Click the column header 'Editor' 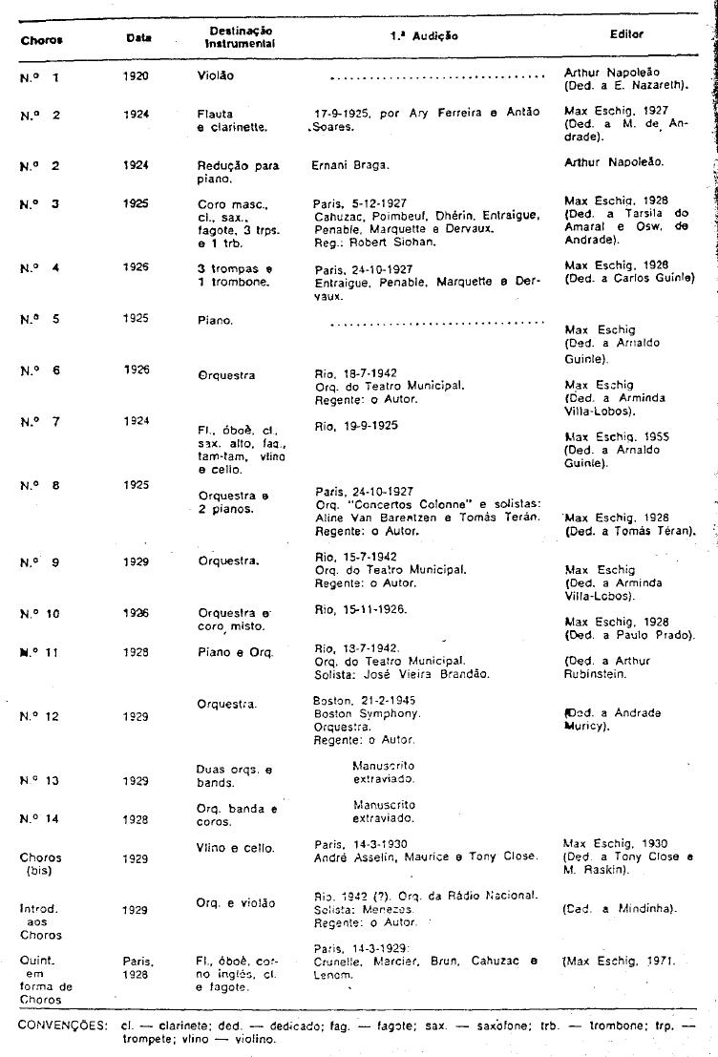(x=626, y=34)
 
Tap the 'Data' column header (x=138, y=37)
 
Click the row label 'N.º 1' (x=39, y=77)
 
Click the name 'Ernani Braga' (x=348, y=165)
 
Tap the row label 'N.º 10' (x=39, y=614)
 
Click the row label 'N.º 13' (x=39, y=780)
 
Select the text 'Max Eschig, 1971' (x=622, y=962)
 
